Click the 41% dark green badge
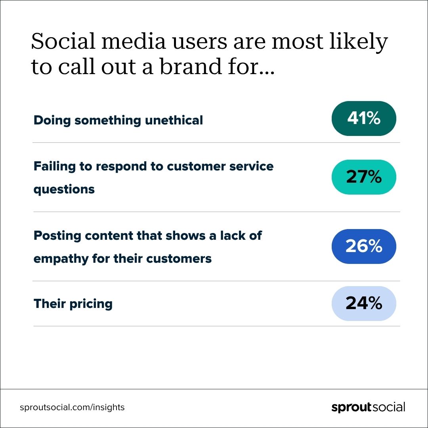[364, 118]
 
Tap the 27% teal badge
[364, 177]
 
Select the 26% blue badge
[364, 246]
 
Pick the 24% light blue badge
[364, 304]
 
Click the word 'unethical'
[174, 120]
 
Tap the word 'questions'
[64, 189]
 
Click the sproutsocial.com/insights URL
[72, 407]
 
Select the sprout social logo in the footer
[368, 407]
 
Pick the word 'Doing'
[52, 120]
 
